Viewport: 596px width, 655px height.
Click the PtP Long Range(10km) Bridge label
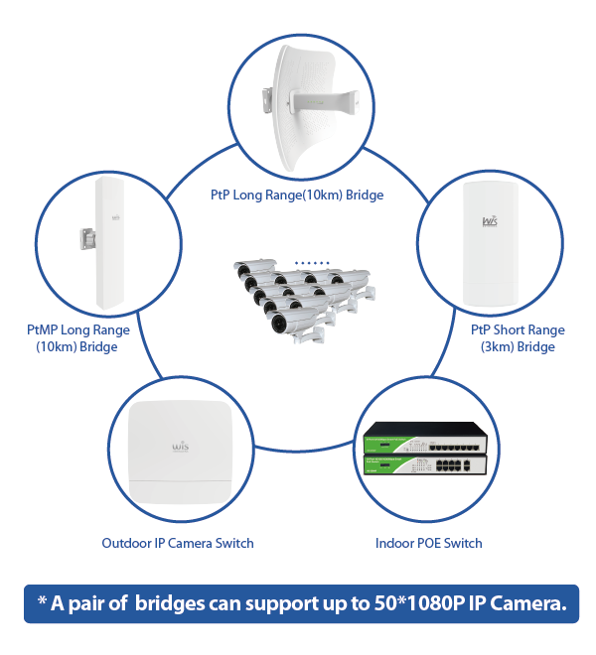297,196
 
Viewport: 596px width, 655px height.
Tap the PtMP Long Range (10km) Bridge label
78,338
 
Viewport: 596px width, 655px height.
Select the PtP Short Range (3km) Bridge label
518,338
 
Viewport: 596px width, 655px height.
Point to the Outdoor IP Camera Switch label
178,543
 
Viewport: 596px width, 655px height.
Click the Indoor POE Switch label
429,543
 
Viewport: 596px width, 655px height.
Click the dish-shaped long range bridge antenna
310,108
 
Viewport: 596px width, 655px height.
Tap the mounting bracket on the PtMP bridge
87,239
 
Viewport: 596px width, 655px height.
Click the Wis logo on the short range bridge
490,221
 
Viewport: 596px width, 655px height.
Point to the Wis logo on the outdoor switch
181,447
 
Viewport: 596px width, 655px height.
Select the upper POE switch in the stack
425,438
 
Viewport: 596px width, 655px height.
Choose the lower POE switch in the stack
425,464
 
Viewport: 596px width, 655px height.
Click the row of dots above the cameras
312,263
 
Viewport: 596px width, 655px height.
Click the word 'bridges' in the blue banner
170,604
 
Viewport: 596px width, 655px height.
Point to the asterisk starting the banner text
42,600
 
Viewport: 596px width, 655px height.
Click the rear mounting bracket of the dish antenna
267,100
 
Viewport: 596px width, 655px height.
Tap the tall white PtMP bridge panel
109,243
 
